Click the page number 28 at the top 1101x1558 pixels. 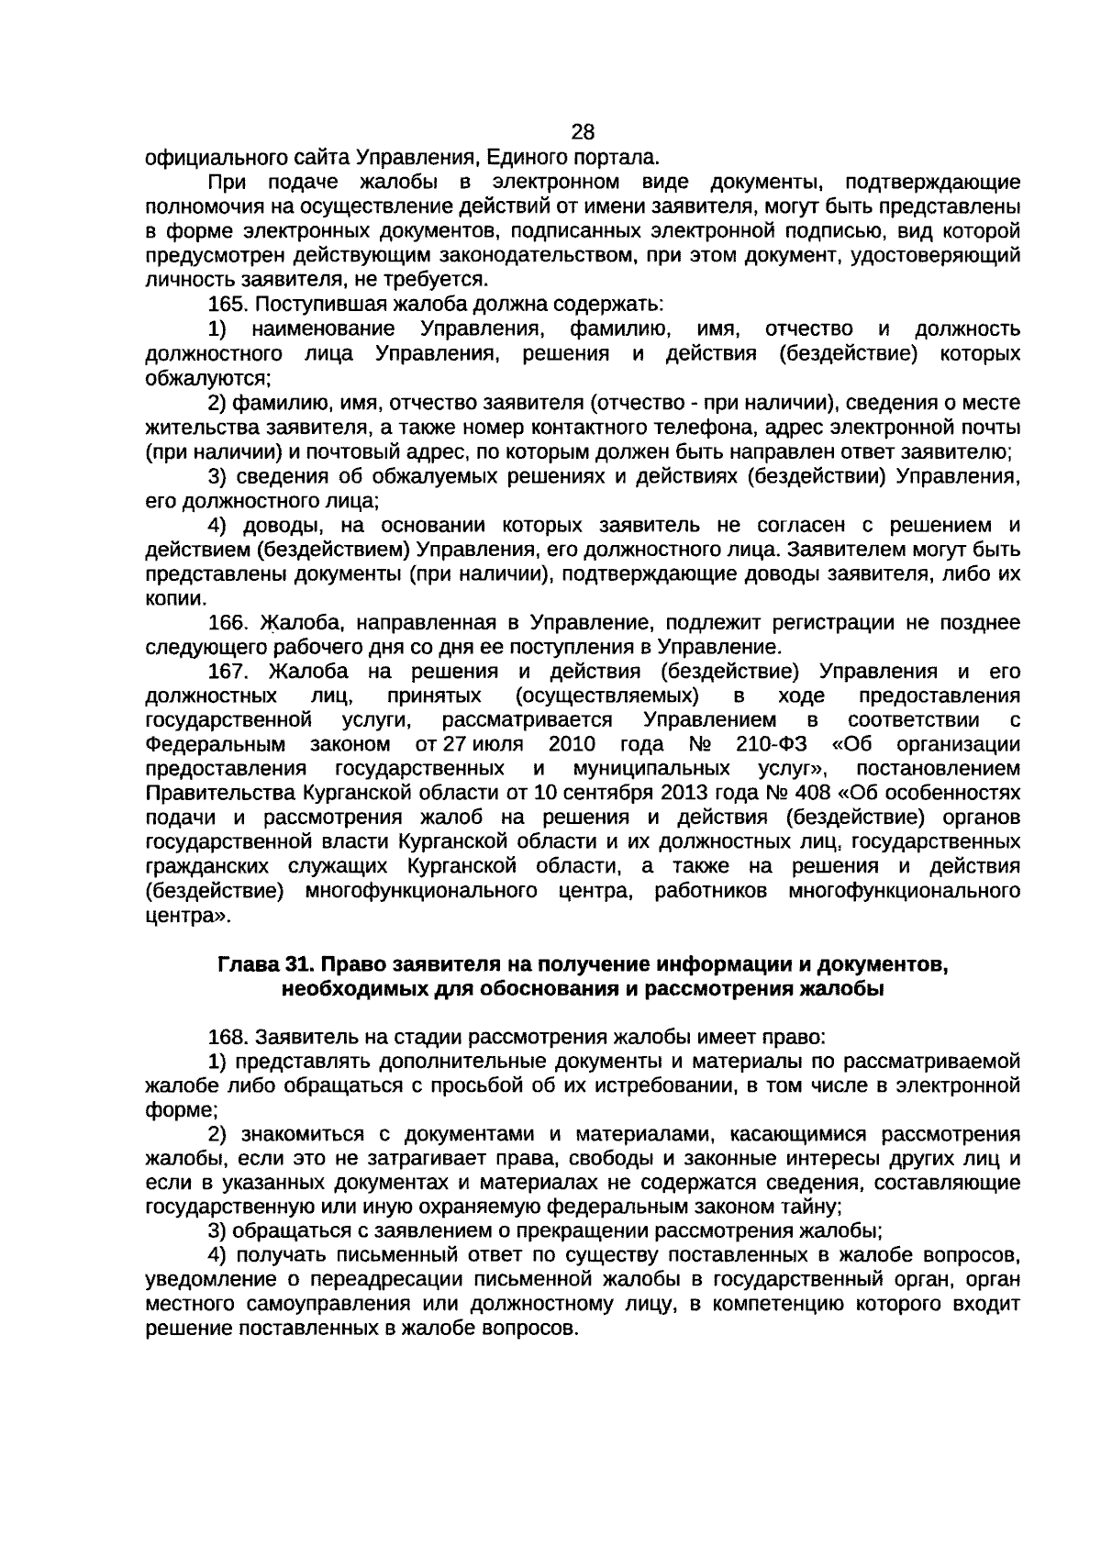(x=583, y=131)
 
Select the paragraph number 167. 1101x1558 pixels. (x=228, y=671)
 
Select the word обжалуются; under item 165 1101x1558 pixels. (x=208, y=378)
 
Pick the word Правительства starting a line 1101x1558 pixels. (x=207, y=792)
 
